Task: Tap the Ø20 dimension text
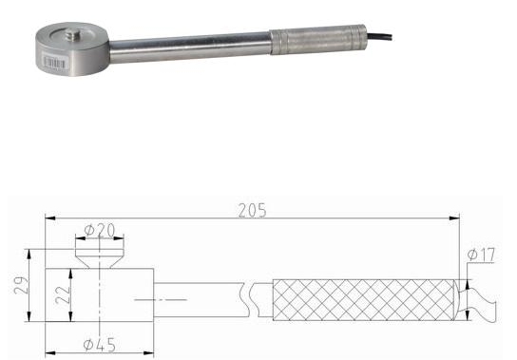(100, 231)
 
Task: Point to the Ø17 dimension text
(482, 255)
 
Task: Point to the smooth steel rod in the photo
(190, 43)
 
